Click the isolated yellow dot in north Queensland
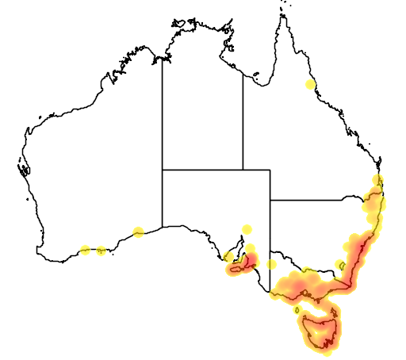point(310,85)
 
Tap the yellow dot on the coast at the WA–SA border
point(139,232)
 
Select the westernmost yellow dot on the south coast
point(85,251)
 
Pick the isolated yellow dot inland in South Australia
point(247,229)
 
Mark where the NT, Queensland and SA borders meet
point(243,170)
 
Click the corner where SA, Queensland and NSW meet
point(270,200)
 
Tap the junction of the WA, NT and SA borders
point(163,170)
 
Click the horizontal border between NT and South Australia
point(202,170)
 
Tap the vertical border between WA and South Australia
point(163,198)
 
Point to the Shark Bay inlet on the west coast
point(24,168)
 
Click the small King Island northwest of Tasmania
point(297,310)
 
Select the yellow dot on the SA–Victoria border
point(271,265)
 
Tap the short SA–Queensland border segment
point(256,170)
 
